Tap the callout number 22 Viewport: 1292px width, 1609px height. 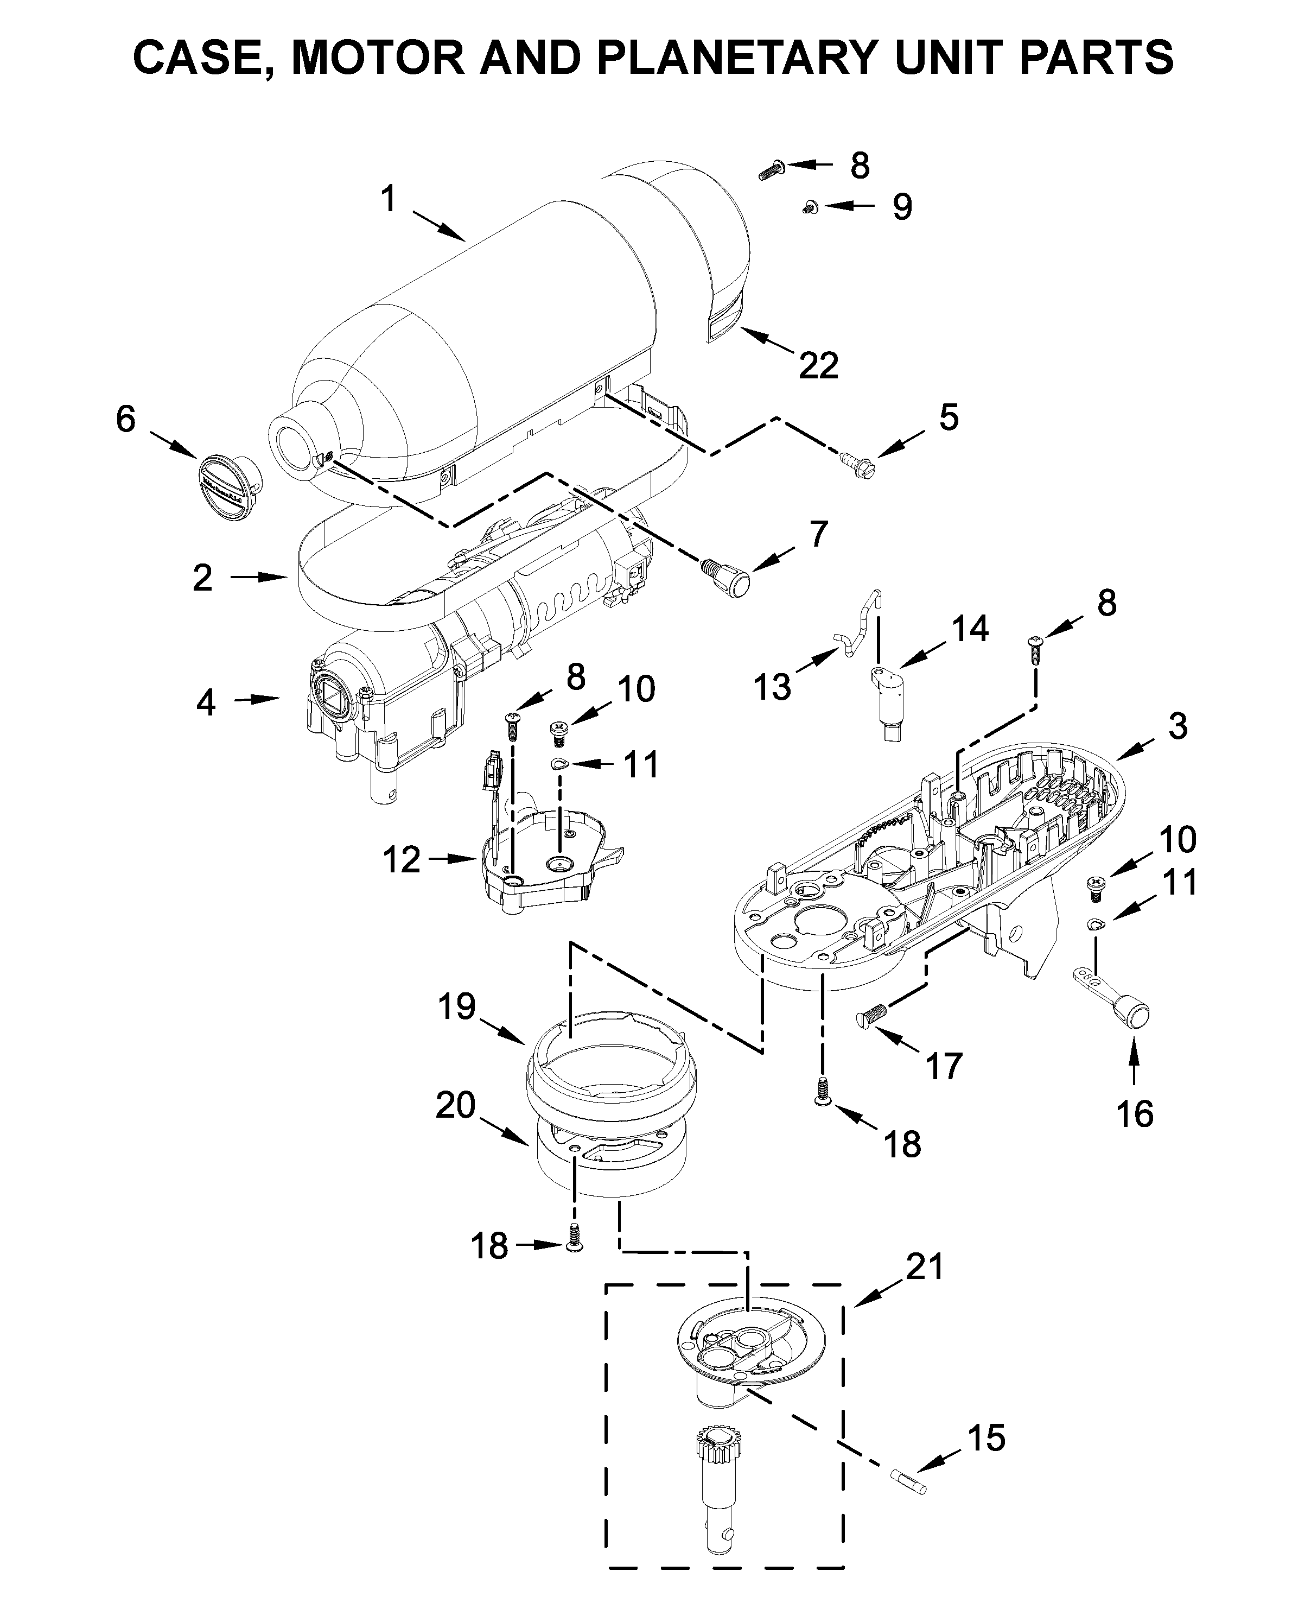(x=818, y=366)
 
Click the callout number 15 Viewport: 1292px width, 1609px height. (x=986, y=1437)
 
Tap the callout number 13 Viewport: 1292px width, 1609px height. (x=772, y=687)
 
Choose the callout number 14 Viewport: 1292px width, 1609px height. (x=969, y=629)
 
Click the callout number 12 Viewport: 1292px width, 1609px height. (x=402, y=860)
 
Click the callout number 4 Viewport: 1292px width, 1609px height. (x=206, y=703)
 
